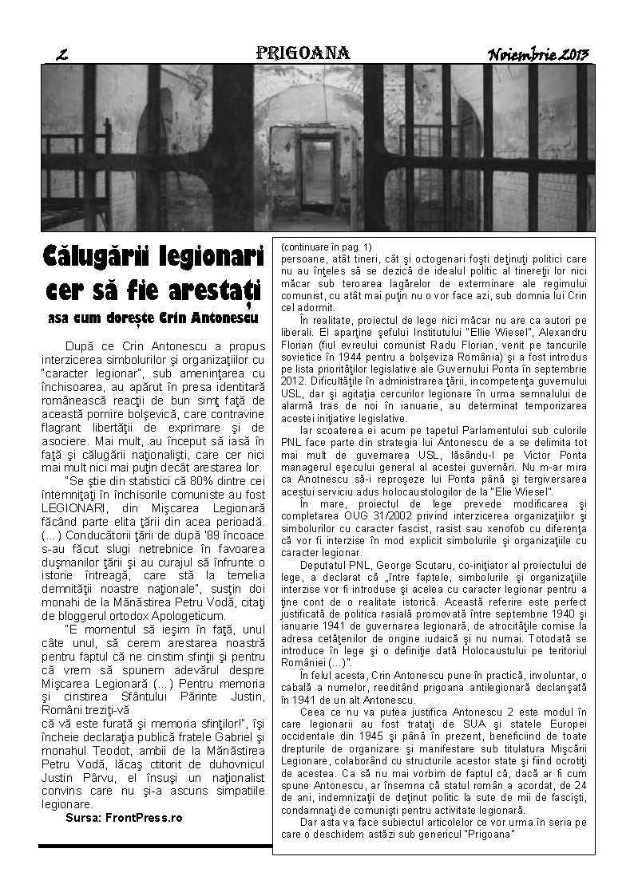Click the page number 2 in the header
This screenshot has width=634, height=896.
click(x=61, y=55)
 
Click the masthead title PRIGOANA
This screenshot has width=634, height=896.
click(x=303, y=53)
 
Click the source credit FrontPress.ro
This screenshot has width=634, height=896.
click(x=143, y=818)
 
